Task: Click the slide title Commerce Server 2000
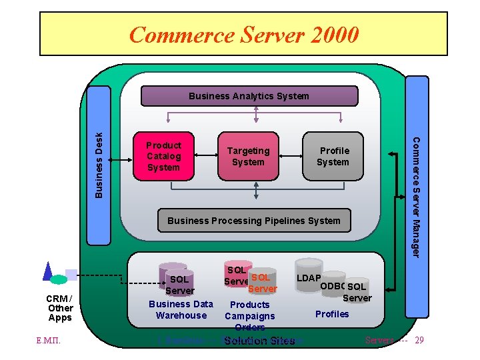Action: (x=244, y=34)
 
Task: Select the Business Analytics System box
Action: (x=249, y=96)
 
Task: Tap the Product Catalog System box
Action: (x=164, y=157)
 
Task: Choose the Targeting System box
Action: (x=248, y=157)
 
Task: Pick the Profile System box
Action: (x=333, y=157)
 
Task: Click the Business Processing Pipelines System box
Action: (x=253, y=221)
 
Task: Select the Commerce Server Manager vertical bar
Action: (x=417, y=197)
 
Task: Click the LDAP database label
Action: (x=309, y=277)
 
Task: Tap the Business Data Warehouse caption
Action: (x=181, y=310)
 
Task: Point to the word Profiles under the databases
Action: (x=332, y=314)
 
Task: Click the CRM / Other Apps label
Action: (x=60, y=307)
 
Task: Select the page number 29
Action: (x=419, y=341)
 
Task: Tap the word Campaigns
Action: (x=249, y=316)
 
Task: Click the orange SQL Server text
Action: (x=261, y=283)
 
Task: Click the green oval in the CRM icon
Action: (x=59, y=279)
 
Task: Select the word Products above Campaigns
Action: (x=249, y=305)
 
